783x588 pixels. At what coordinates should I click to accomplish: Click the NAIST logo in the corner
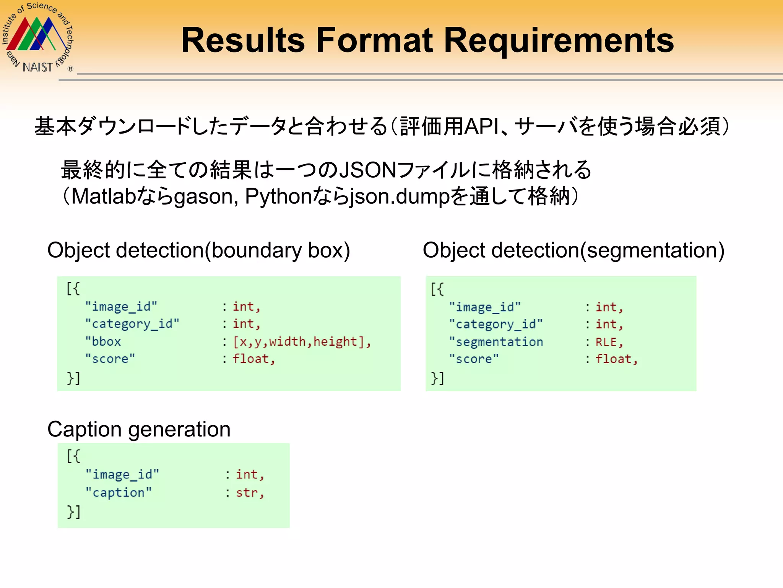(x=37, y=38)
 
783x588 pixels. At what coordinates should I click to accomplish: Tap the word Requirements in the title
(x=559, y=41)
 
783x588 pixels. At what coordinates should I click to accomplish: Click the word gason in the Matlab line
(x=203, y=197)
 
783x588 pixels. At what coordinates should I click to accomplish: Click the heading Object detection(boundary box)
(x=198, y=250)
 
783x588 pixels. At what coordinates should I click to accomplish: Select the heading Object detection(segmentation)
(x=573, y=250)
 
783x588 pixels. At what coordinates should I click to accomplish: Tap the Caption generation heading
(x=139, y=429)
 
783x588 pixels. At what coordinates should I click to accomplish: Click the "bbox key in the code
(x=103, y=341)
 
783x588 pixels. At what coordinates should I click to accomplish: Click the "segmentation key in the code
(x=496, y=342)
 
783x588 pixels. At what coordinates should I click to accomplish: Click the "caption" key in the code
(x=118, y=493)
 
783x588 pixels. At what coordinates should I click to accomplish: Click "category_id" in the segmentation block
(x=496, y=324)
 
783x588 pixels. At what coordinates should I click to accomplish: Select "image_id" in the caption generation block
(x=122, y=475)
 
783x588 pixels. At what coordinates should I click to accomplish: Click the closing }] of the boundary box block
(x=73, y=378)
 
